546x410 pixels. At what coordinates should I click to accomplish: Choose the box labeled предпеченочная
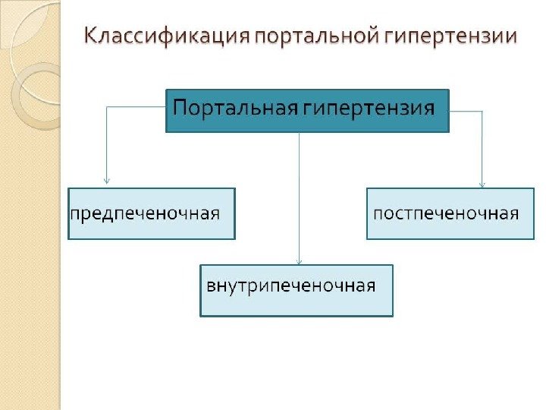[152, 213]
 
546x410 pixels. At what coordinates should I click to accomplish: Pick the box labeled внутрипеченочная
[297, 290]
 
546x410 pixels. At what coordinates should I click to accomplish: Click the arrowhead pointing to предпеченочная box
[106, 181]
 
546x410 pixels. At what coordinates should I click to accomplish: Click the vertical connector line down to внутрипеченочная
[300, 197]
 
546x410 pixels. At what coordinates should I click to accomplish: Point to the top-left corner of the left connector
[106, 107]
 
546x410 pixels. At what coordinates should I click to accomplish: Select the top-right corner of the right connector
[482, 112]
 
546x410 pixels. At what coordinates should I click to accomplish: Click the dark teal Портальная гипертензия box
[307, 111]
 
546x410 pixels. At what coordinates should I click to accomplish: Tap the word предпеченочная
[146, 213]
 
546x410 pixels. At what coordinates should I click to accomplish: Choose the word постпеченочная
[446, 213]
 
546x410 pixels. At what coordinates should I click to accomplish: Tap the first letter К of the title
[89, 36]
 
